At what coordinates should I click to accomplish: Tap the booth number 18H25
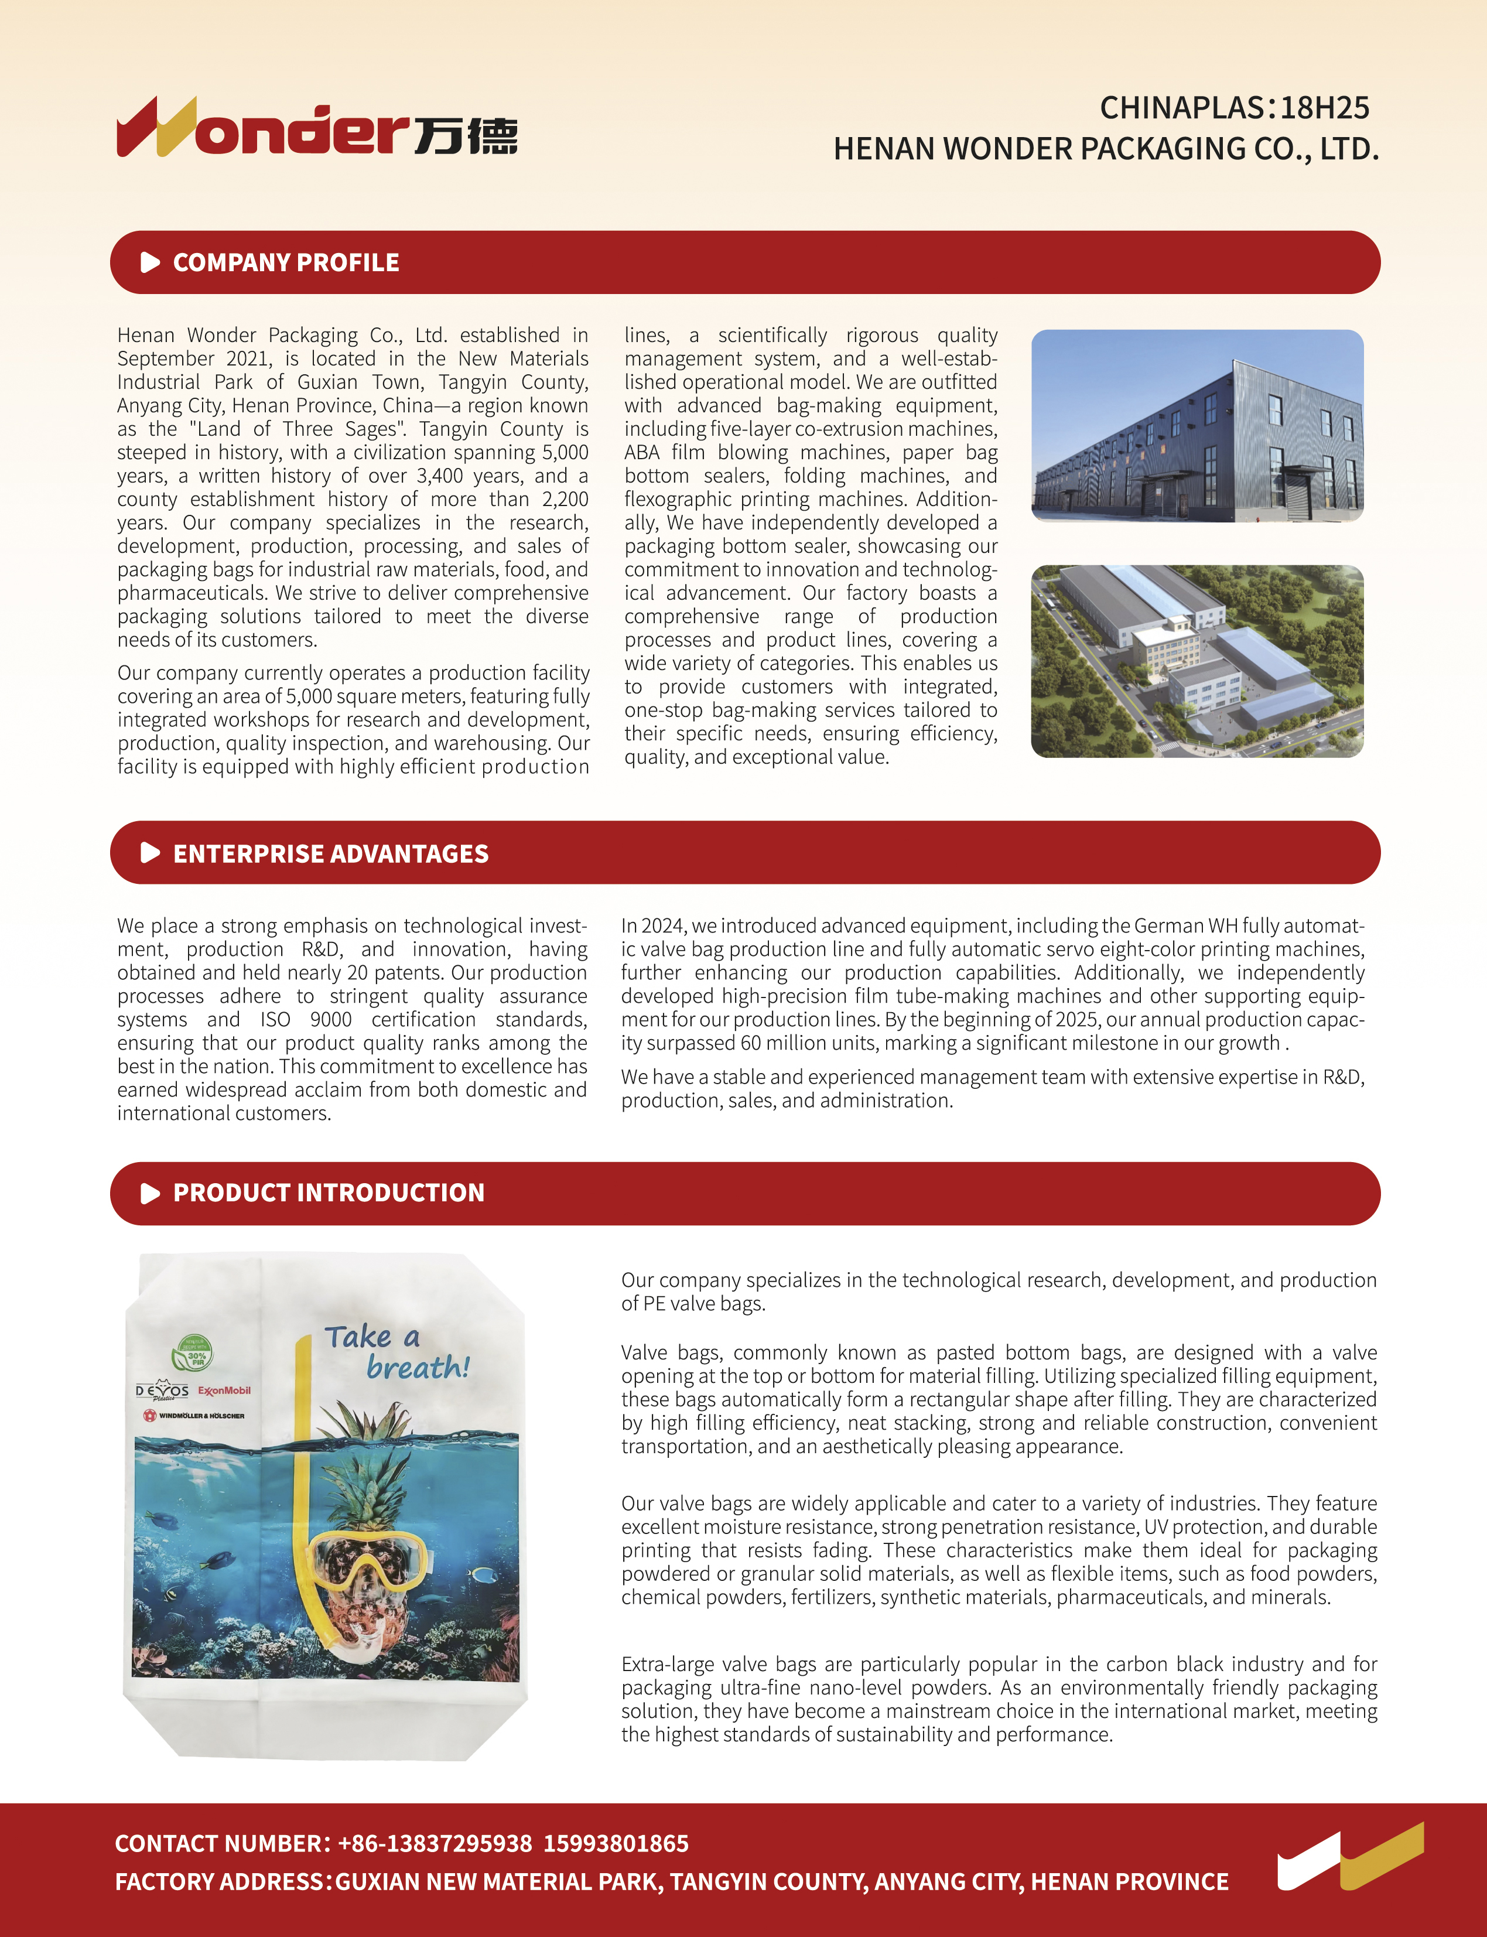[x=1324, y=108]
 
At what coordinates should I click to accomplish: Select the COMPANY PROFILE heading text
[x=286, y=263]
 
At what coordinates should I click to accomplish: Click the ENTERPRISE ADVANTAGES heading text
[x=330, y=853]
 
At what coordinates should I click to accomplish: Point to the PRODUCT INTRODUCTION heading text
[x=329, y=1193]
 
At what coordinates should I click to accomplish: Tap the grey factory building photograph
[x=1197, y=426]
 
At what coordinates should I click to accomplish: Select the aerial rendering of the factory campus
[x=1197, y=661]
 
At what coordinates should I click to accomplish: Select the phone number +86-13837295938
[x=435, y=1843]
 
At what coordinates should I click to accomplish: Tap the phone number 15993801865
[x=616, y=1843]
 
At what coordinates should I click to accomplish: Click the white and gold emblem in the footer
[x=1350, y=1856]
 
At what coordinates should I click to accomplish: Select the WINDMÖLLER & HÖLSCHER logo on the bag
[x=194, y=1416]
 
